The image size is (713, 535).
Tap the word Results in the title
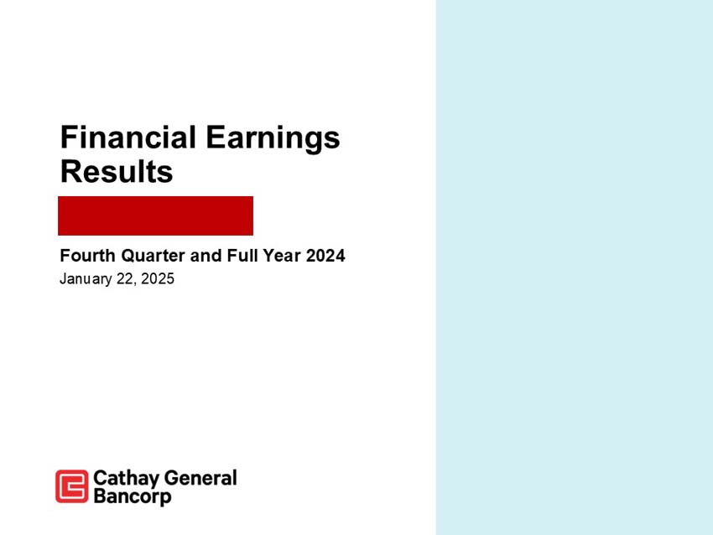pos(117,172)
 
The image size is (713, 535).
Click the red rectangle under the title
pos(155,216)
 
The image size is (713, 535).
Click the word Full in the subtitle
pos(240,256)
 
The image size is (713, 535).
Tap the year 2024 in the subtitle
pos(325,256)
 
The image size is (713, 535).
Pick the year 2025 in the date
pos(159,279)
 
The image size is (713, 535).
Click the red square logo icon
pos(71,486)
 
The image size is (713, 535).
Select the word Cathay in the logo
pos(123,479)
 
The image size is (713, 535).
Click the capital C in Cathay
pos(99,479)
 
